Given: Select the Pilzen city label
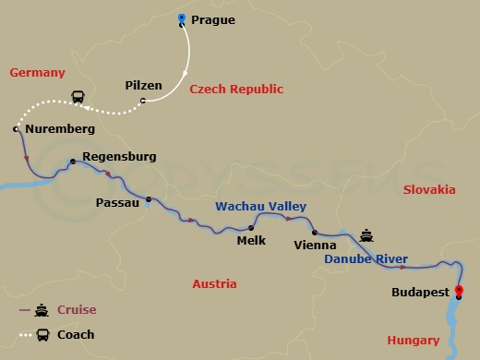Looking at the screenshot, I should point(143,86).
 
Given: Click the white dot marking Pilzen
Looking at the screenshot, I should point(142,101).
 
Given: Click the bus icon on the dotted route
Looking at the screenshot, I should point(80,96).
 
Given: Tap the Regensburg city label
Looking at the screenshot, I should point(119,157).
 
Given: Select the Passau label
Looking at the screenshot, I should point(117,200).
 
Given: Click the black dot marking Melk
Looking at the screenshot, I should point(250,228).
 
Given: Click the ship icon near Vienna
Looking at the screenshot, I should point(366,235).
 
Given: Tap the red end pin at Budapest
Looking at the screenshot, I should point(460,293).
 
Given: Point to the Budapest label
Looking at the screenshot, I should point(420,293).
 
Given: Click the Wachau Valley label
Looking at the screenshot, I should point(260,206).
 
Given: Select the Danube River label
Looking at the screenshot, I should point(366,260).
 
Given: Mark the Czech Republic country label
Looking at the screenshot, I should point(235,90).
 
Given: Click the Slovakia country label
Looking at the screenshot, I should point(429,189).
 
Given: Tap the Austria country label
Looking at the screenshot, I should point(214,283).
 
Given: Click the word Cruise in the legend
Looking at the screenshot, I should point(77,310).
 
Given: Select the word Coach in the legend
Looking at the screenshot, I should point(77,334).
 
